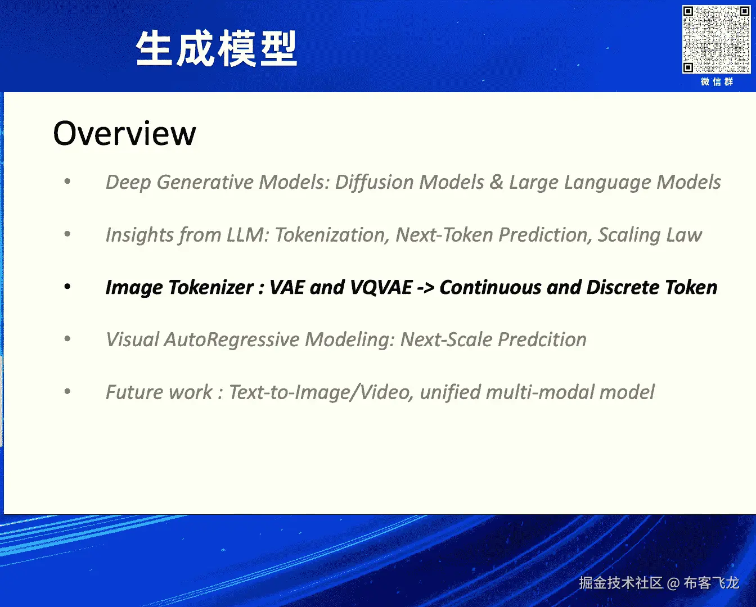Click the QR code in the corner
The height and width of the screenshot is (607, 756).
pos(717,39)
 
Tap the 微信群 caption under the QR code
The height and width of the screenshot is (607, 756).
pos(717,82)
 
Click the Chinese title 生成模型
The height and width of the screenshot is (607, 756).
pos(217,48)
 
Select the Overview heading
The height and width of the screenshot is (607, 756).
pos(124,133)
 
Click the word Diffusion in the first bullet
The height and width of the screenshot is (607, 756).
pos(374,182)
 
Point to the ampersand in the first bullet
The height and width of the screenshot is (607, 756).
pos(496,182)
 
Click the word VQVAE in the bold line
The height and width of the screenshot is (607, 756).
pos(381,288)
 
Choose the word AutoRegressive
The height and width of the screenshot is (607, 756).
pos(232,340)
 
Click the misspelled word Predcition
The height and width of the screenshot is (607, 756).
pos(542,339)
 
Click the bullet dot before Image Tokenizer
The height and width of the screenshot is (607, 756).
pos(67,287)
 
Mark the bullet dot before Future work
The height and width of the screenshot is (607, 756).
pos(67,391)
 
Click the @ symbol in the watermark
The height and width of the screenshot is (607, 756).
pos(673,583)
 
